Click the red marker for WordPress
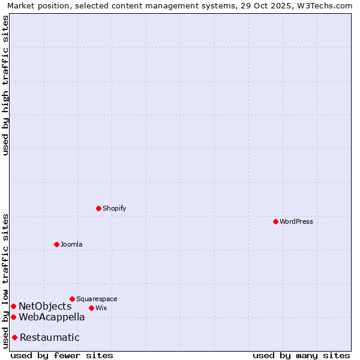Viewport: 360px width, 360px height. (x=275, y=221)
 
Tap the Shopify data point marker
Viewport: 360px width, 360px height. (x=98, y=208)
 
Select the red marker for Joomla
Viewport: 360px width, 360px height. (x=56, y=244)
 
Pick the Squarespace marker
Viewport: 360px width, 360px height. (x=72, y=299)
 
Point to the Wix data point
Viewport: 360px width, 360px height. (x=91, y=308)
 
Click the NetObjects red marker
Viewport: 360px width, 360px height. (x=13, y=306)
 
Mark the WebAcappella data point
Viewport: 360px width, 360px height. (x=13, y=317)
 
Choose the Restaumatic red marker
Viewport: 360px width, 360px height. (x=14, y=337)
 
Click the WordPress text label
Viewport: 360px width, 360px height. (x=296, y=221)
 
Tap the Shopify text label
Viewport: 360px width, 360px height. (x=114, y=208)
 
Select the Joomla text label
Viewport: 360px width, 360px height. (x=71, y=244)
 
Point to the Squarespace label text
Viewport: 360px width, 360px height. (x=97, y=299)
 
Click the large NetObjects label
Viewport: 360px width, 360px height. (x=45, y=307)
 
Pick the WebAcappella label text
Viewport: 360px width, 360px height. (x=52, y=317)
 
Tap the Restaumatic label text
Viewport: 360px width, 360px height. (x=49, y=338)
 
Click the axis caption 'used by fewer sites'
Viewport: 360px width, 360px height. (x=62, y=355)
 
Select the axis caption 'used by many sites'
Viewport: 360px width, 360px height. (x=301, y=355)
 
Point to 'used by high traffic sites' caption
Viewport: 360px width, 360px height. (x=6, y=85)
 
